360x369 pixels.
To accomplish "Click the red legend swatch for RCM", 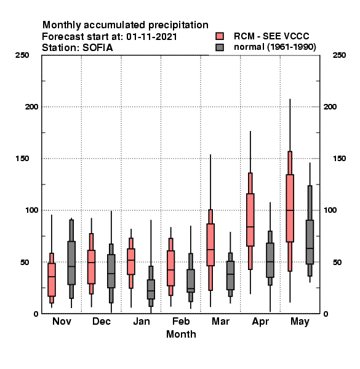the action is [x=220, y=36].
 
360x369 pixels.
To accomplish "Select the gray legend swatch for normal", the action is [x=220, y=47].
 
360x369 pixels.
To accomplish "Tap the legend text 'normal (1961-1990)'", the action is [x=274, y=47].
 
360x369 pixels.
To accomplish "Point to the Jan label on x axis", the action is [x=142, y=322].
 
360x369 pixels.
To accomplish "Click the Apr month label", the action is [x=260, y=322].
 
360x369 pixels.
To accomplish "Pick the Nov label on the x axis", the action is [x=62, y=322].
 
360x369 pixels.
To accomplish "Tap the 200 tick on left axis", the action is [x=32, y=107].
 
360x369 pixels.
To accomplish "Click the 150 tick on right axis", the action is [x=339, y=159].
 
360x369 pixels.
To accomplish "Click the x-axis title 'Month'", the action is [x=181, y=335].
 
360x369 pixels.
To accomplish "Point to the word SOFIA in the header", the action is [x=97, y=48].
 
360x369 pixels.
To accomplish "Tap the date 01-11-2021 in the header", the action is [x=151, y=37].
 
